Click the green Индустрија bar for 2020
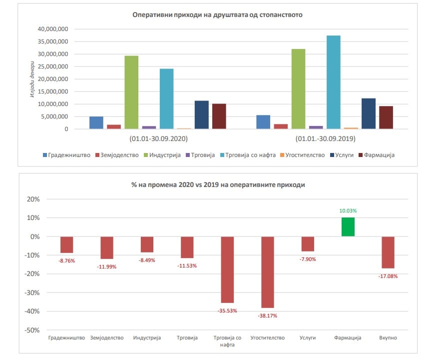(x=131, y=92)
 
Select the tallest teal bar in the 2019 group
(x=333, y=82)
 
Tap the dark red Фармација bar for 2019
(x=386, y=117)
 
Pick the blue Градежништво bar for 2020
(x=96, y=122)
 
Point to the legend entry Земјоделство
(x=117, y=155)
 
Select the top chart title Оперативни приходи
(x=217, y=15)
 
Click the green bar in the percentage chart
(x=348, y=227)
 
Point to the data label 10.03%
(x=348, y=211)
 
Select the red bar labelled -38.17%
(x=267, y=272)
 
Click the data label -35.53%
(x=227, y=310)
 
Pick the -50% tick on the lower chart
(x=33, y=330)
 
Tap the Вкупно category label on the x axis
(x=388, y=338)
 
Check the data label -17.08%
(x=388, y=276)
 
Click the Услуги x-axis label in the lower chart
(x=308, y=338)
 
